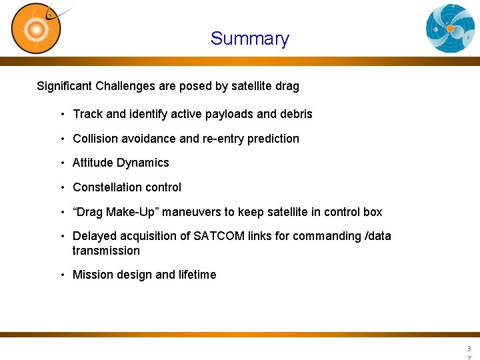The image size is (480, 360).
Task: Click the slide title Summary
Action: point(249,39)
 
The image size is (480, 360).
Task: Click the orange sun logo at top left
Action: point(36,28)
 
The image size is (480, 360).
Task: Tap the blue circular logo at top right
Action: point(451,28)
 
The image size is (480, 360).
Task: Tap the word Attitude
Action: point(93,163)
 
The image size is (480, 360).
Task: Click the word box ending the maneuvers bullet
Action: point(372,212)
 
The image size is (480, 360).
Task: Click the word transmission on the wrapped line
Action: point(106,251)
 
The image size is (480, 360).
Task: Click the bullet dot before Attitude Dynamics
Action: point(62,163)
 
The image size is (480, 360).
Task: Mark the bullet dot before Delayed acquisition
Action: point(62,237)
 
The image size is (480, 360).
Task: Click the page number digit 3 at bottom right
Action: point(469,349)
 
